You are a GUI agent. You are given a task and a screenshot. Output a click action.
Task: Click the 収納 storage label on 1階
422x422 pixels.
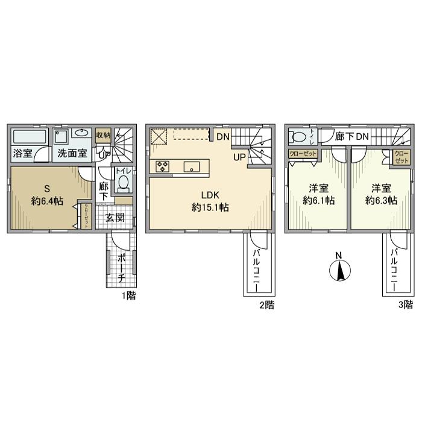point(103,135)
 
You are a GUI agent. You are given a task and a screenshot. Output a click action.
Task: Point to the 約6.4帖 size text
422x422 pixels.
point(47,201)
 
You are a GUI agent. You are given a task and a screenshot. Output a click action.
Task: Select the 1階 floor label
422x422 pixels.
point(128,296)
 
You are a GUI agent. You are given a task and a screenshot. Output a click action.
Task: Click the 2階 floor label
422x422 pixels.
point(267,305)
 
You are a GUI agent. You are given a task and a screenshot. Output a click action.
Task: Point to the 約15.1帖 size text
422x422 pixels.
point(207,207)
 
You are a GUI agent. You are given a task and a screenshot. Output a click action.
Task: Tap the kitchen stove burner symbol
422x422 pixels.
point(163,166)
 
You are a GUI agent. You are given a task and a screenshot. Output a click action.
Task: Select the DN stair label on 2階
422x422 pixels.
point(222,136)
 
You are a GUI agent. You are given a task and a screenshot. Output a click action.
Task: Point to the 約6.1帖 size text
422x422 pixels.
point(318,201)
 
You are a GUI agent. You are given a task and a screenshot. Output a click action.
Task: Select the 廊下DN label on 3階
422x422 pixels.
point(352,137)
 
